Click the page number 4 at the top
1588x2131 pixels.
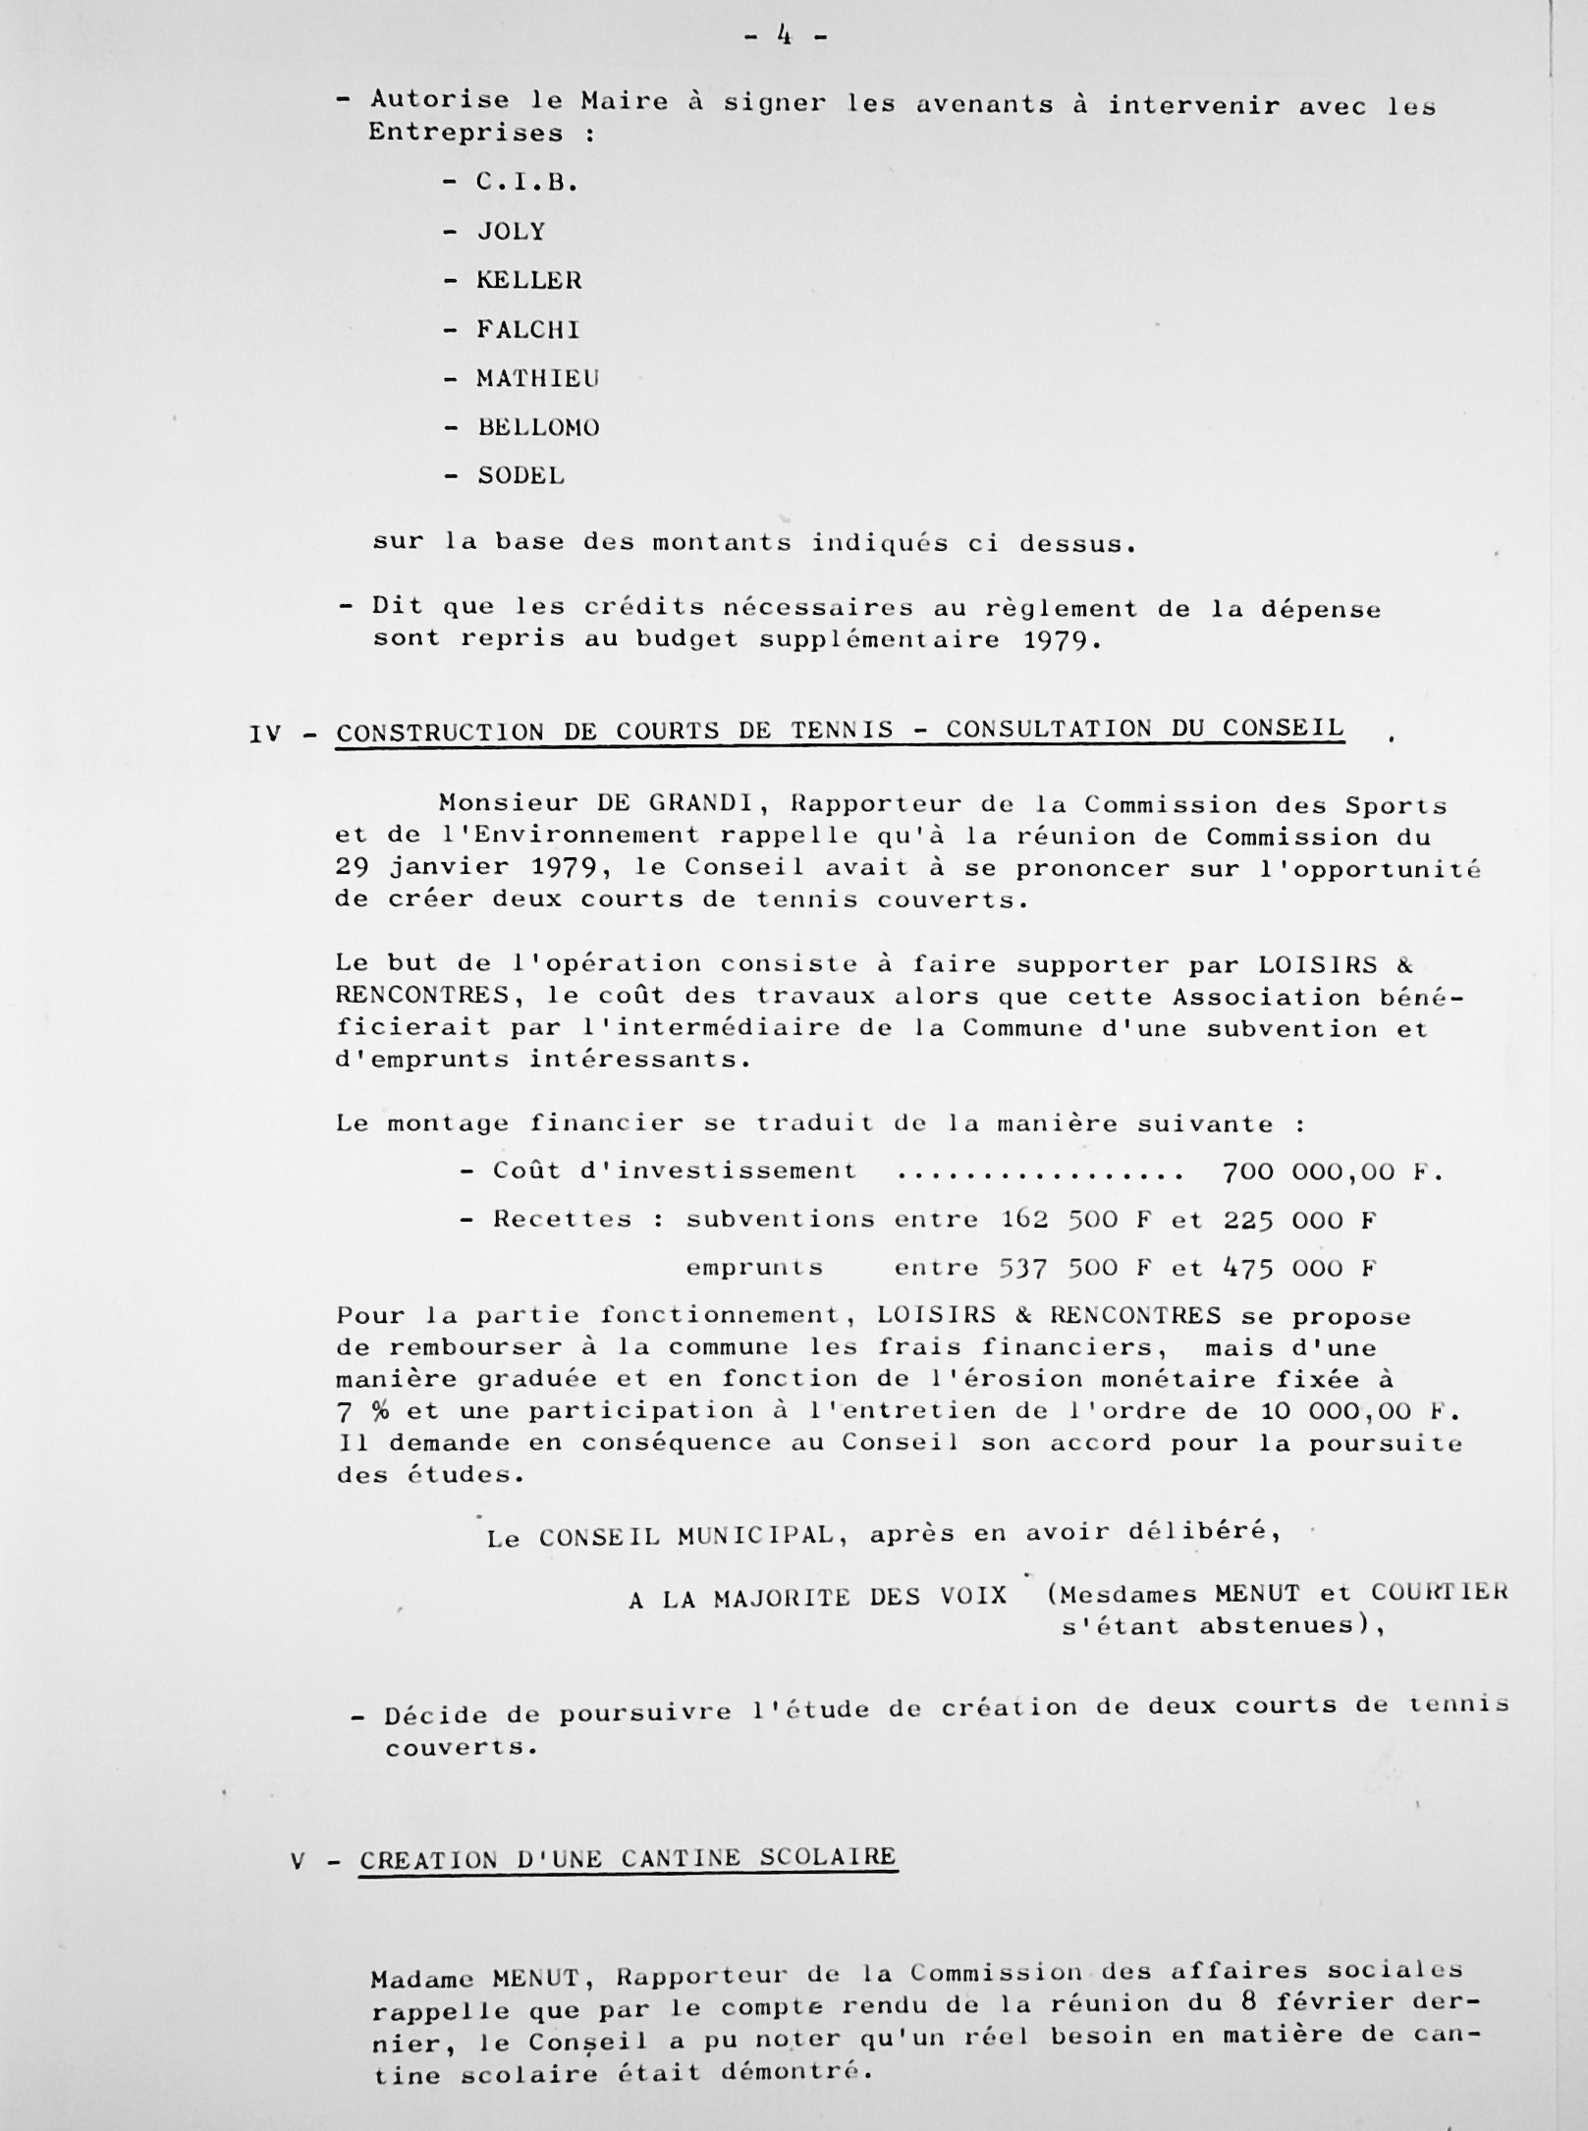(x=785, y=36)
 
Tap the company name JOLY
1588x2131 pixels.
(x=511, y=232)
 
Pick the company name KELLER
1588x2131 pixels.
(x=529, y=281)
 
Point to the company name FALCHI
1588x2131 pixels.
(x=528, y=330)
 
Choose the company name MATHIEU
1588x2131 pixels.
(x=538, y=379)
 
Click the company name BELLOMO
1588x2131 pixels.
(x=538, y=428)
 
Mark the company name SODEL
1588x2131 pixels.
(x=520, y=476)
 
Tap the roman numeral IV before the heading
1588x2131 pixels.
(x=265, y=733)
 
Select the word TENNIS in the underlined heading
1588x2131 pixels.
(x=842, y=731)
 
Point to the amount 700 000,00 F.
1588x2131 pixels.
(x=1332, y=1172)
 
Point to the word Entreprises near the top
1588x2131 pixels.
(x=465, y=133)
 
